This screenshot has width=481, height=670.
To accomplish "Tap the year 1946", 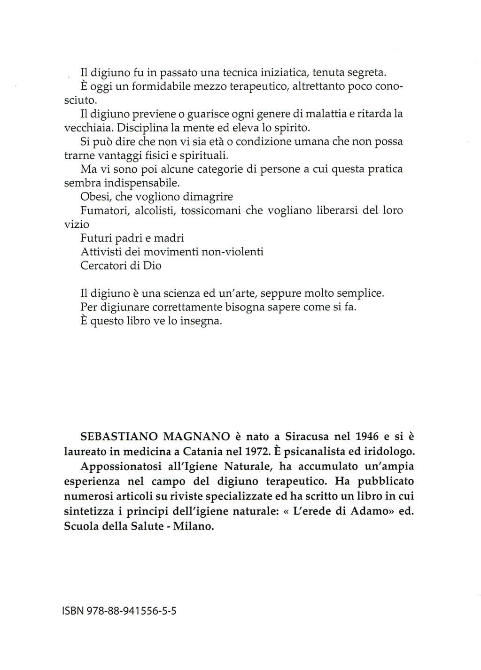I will coord(367,436).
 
